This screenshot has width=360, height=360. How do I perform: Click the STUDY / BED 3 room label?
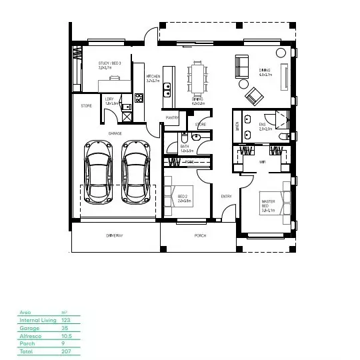(x=108, y=64)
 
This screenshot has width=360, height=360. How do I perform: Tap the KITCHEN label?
(x=153, y=77)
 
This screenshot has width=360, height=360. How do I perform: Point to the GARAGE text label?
(x=115, y=133)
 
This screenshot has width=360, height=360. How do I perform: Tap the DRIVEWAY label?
(x=115, y=236)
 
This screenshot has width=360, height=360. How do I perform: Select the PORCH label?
(x=200, y=236)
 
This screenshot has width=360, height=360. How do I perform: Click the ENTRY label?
(x=227, y=196)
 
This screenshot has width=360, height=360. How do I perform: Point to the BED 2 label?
(x=184, y=196)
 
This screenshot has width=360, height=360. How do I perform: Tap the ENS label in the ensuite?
(x=264, y=125)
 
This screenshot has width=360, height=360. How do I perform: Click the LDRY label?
(x=111, y=99)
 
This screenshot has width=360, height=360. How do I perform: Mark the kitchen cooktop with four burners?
(x=139, y=98)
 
